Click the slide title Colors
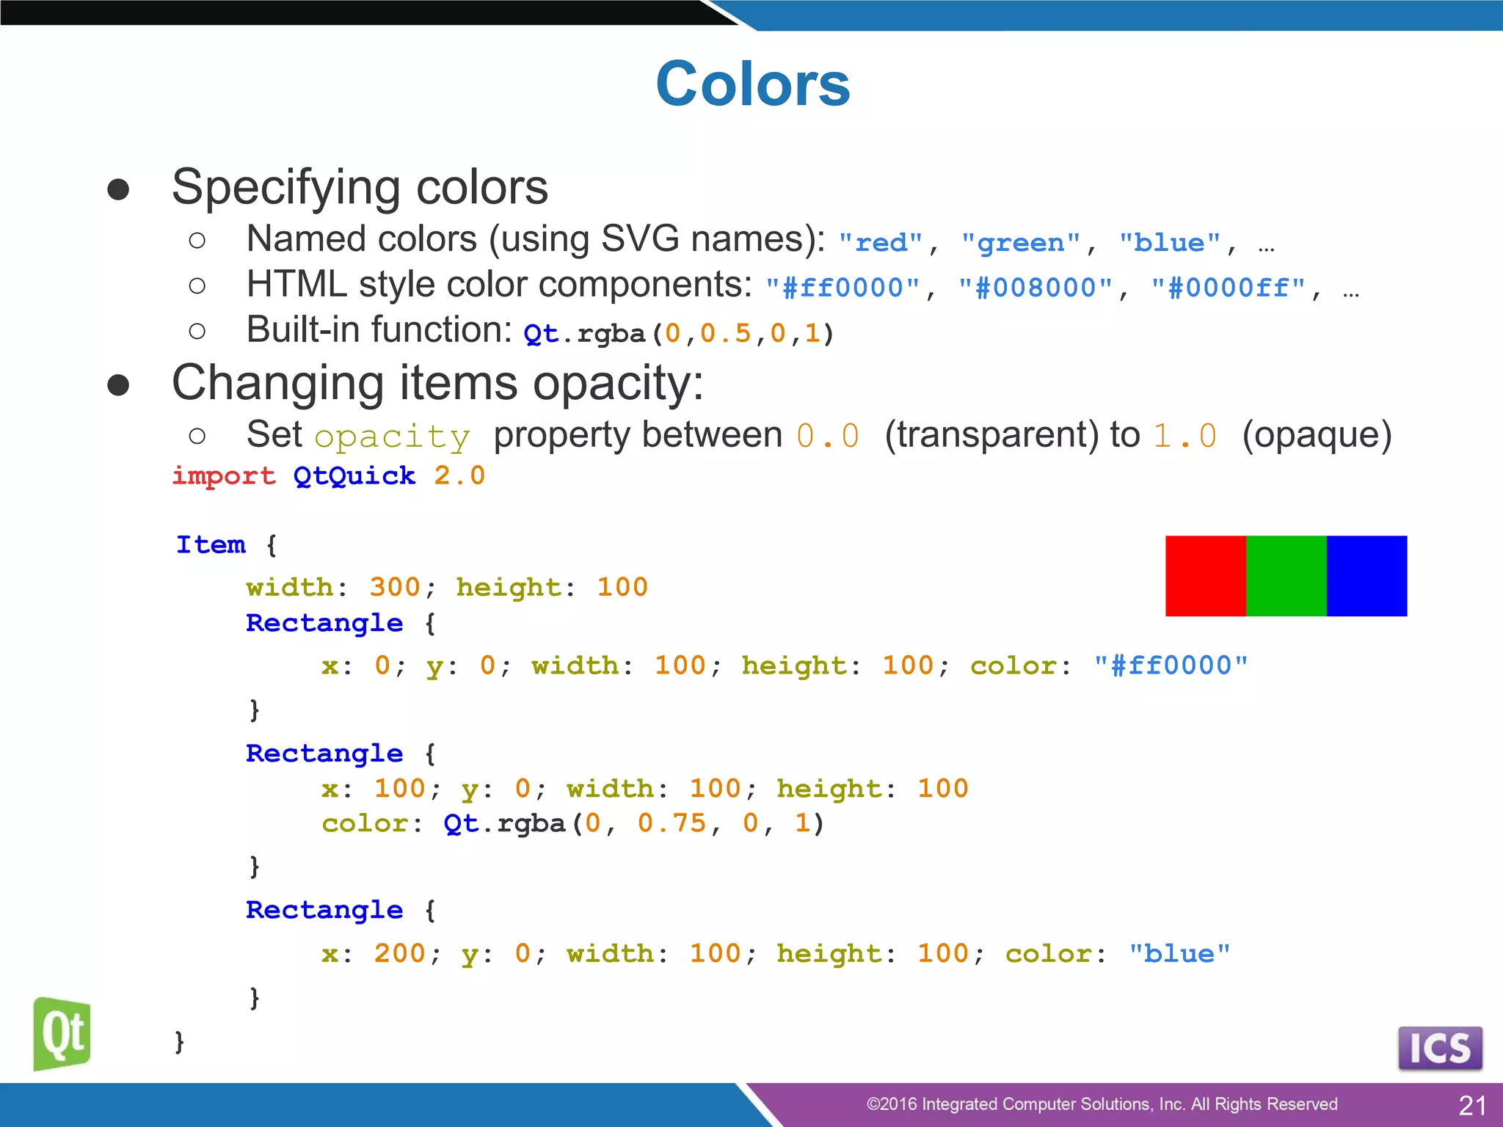coord(752,84)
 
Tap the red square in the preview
coord(1205,576)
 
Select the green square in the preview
coord(1286,576)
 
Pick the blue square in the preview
coord(1366,576)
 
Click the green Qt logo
coord(62,1033)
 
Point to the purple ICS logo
coord(1440,1048)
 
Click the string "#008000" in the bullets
coord(1036,288)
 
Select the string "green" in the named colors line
coord(1021,243)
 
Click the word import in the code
coord(224,476)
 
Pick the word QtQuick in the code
coord(354,476)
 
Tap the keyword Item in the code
coord(211,545)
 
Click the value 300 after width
coord(395,588)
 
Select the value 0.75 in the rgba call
coord(672,824)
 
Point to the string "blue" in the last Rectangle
coord(1179,954)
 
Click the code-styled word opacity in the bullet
coord(392,437)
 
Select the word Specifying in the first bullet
coord(287,187)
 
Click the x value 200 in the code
coord(399,954)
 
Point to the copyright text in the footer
coord(1102,1104)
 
